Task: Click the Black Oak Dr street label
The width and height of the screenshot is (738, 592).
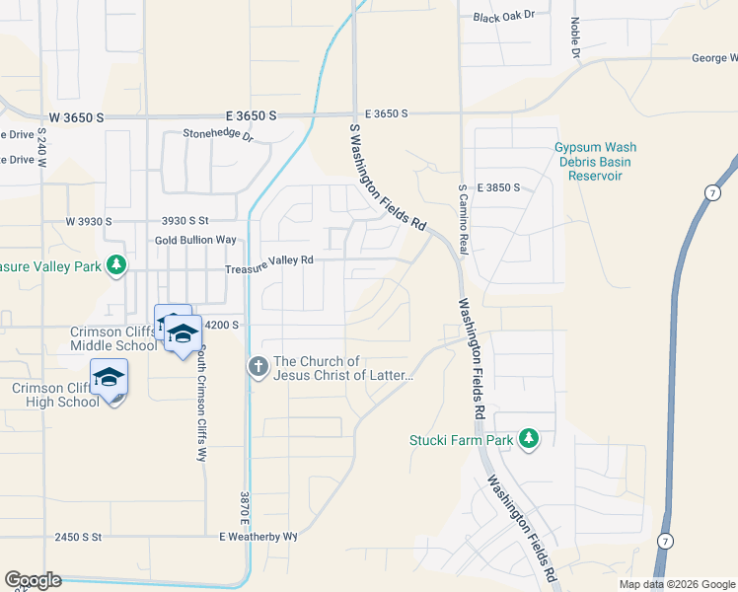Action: click(503, 17)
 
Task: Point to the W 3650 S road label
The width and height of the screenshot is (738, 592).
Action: click(76, 117)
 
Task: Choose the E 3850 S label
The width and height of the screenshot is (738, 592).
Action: click(498, 186)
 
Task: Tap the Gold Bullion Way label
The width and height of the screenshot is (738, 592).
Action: click(195, 240)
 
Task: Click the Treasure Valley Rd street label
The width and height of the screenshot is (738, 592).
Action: click(268, 260)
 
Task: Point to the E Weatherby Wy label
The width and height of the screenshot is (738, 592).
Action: click(258, 537)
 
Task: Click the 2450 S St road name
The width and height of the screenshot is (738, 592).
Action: click(79, 537)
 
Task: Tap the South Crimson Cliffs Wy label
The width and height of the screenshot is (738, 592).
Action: click(201, 404)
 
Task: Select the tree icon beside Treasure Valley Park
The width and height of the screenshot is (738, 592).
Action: click(116, 264)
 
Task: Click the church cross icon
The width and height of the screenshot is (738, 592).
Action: click(258, 368)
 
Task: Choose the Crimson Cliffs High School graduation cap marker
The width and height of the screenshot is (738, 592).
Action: click(109, 378)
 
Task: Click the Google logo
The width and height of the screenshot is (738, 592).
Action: click(33, 580)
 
